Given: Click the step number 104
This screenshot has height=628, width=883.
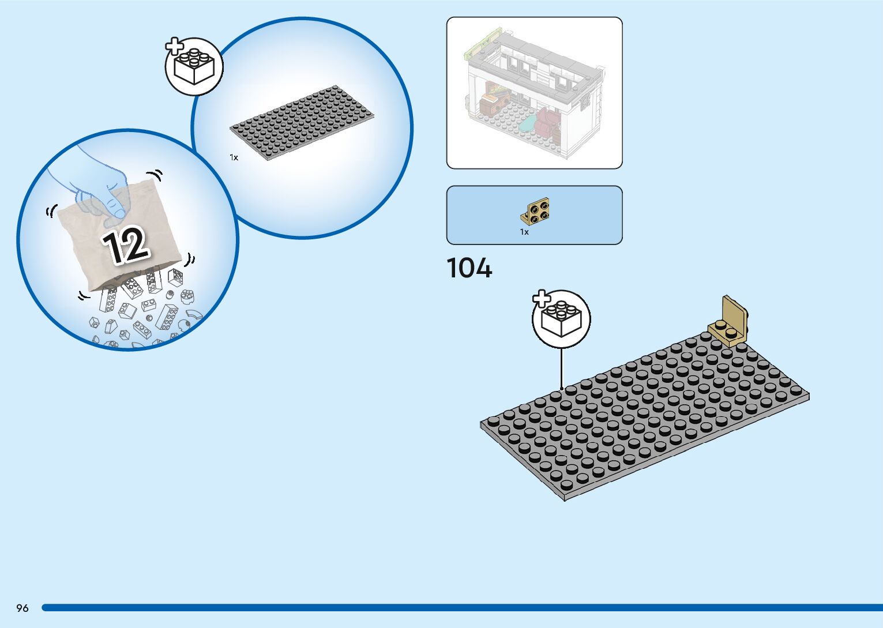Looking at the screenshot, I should click(469, 268).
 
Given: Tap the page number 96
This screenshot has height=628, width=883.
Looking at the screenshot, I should click(22, 608).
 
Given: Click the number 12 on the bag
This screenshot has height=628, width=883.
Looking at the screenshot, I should click(126, 246).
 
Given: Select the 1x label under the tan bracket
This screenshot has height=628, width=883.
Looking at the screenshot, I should click(524, 232).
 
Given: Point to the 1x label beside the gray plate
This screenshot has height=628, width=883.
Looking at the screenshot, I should click(234, 157).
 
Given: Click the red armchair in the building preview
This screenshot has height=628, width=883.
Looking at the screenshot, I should click(547, 122).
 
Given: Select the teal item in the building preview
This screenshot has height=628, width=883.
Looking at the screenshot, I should click(527, 122).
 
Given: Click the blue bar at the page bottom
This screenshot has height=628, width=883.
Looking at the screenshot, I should click(461, 608).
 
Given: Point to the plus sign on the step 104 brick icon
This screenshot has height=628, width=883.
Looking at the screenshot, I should click(541, 299).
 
